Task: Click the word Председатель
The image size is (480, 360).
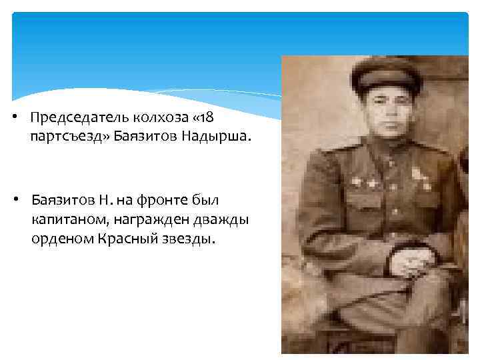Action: click(76, 117)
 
